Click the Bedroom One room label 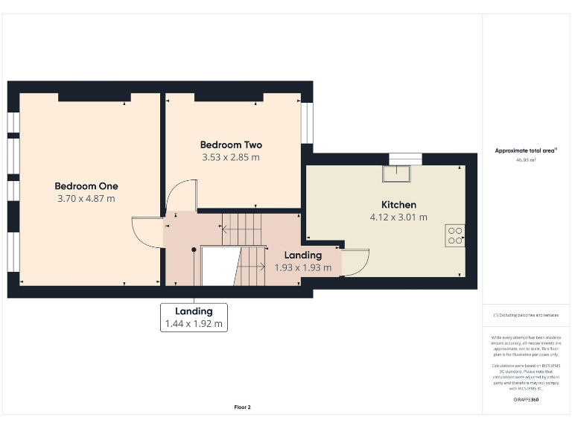[86, 186]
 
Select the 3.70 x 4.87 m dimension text [86, 199]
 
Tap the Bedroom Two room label [231, 144]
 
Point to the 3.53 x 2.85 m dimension [231, 157]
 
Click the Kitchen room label [398, 204]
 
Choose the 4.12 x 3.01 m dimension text [398, 217]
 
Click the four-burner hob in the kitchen [455, 236]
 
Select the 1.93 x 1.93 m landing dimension [302, 267]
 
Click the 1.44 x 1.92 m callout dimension [194, 324]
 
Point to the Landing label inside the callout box [194, 311]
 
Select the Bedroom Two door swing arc [182, 197]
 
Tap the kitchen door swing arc [356, 261]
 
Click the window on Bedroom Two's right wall [307, 123]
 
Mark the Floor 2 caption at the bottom [243, 407]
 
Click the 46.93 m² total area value [526, 159]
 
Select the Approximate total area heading [526, 150]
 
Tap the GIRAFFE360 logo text [526, 400]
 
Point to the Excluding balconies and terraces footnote [526, 315]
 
